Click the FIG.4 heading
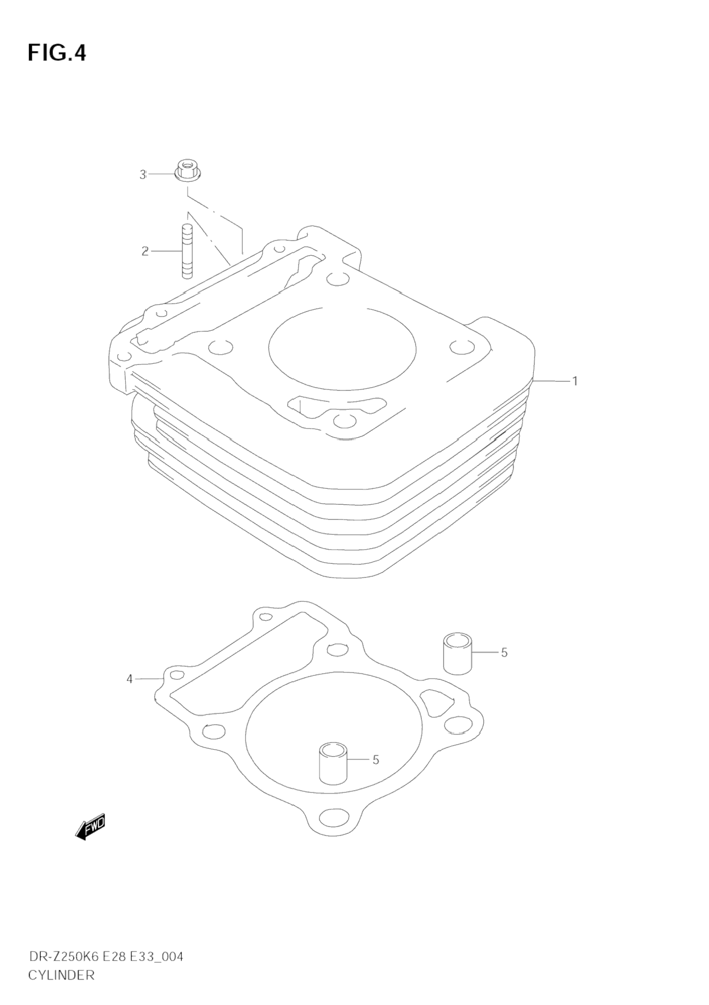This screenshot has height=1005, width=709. click(x=57, y=53)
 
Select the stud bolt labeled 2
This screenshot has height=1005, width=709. click(x=187, y=251)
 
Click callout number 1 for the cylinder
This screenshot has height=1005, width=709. click(x=575, y=380)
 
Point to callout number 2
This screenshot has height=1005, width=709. click(x=146, y=251)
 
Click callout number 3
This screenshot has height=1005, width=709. click(x=143, y=175)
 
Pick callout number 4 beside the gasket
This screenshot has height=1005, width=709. click(x=130, y=679)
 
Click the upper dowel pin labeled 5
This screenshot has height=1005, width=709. click(x=458, y=655)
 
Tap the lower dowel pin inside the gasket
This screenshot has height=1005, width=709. click(x=333, y=763)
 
